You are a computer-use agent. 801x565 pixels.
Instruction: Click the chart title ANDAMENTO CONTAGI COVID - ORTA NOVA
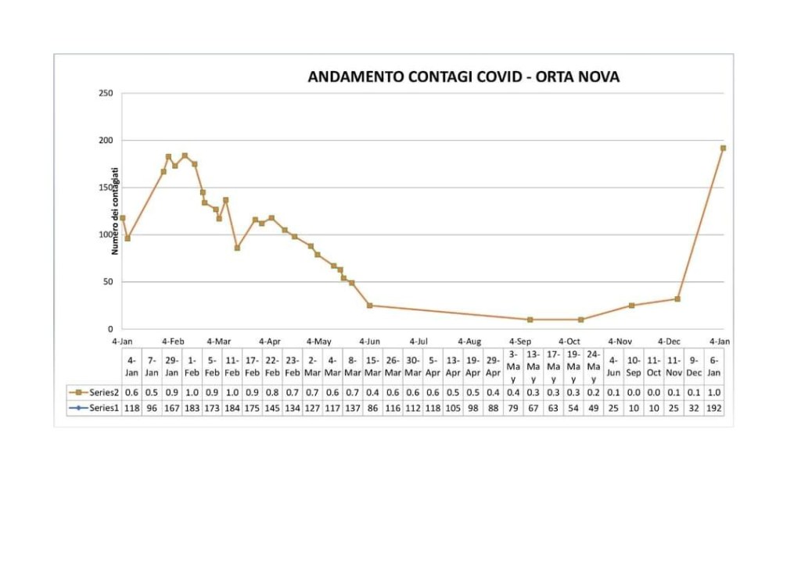pos(464,77)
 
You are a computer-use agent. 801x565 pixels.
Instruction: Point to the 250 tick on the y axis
pos(106,94)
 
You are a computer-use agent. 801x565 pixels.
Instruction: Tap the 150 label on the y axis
pos(106,188)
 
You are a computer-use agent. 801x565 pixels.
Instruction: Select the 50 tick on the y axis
pos(108,282)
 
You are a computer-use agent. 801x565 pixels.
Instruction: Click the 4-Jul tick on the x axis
pos(418,342)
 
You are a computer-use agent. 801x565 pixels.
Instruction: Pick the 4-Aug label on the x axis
pos(469,342)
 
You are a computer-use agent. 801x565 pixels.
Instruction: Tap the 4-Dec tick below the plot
pos(670,342)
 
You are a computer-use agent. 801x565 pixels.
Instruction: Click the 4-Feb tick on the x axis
pos(173,342)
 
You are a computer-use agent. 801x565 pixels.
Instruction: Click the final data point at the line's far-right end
pos(723,148)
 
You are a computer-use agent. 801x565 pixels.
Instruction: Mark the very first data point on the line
pos(123,218)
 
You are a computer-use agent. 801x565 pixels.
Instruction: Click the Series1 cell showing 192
pos(714,408)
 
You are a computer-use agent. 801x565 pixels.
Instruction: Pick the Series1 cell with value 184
pos(232,408)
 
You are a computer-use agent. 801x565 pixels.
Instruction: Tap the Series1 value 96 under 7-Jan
pos(152,408)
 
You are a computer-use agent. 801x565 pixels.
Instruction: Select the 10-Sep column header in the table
pos(634,367)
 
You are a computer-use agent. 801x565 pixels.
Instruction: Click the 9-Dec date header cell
pos(694,367)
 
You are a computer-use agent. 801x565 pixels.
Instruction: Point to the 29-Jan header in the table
pos(172,367)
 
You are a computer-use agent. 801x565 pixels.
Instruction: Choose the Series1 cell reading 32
pos(694,408)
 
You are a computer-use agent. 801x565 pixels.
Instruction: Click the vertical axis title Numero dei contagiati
pos(115,211)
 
